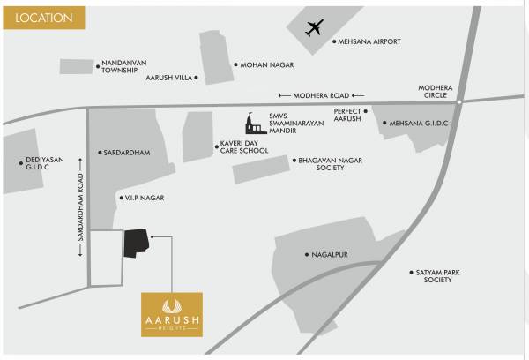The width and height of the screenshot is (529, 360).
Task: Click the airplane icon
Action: [x=315, y=28]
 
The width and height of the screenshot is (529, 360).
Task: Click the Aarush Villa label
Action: [x=168, y=78]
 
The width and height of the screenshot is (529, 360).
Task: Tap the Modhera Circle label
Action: [x=439, y=91]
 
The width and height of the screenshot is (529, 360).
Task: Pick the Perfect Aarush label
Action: [x=349, y=116]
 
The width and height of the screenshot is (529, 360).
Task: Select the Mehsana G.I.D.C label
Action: [x=419, y=124]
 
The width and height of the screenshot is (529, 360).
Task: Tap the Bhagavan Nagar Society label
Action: [x=330, y=163]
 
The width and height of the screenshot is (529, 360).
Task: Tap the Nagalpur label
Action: [x=329, y=255]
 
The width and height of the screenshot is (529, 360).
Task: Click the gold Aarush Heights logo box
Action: [x=172, y=315]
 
